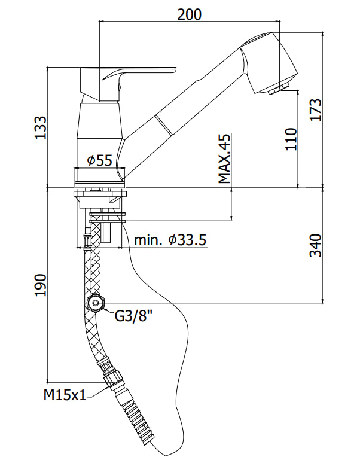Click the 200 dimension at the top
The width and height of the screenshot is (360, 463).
[x=190, y=14]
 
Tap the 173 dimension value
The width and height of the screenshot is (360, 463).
[x=316, y=109]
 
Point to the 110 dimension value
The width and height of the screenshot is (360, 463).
[x=291, y=139]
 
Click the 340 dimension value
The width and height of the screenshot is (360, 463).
[x=316, y=245]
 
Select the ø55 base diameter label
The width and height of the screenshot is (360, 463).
[x=99, y=160]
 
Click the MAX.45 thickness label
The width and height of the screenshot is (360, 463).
[x=224, y=159]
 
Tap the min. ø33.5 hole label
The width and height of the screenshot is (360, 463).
[x=170, y=240]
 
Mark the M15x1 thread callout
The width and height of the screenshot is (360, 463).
[x=63, y=395]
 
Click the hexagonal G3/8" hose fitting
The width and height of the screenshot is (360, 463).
[x=95, y=304]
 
